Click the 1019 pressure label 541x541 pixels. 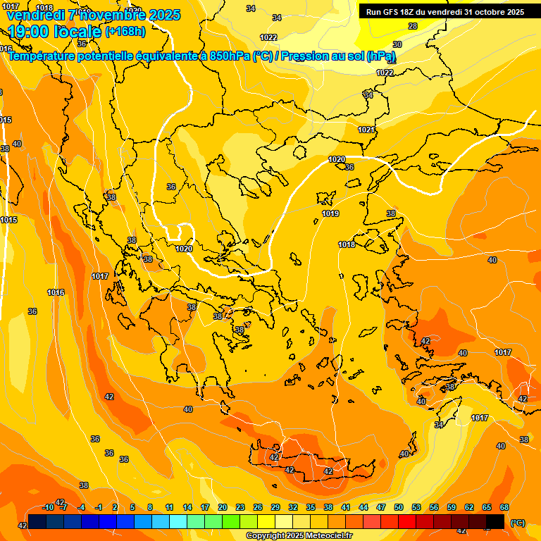click(x=330, y=213)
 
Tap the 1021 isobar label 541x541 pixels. click(x=366, y=130)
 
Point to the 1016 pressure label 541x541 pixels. click(x=56, y=292)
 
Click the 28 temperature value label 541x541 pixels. click(x=413, y=26)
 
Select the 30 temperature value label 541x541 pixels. click(x=397, y=44)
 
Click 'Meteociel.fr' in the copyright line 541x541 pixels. click(x=325, y=536)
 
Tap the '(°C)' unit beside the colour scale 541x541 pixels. click(x=517, y=522)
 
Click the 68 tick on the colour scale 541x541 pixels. click(x=504, y=507)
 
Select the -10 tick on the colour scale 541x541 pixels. click(x=48, y=507)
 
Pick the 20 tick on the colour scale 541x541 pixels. click(x=223, y=507)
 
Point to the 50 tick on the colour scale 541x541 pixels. click(x=399, y=507)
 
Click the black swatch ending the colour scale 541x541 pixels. click(x=495, y=521)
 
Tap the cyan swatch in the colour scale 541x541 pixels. click(x=178, y=521)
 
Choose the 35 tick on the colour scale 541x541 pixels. click(x=311, y=507)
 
